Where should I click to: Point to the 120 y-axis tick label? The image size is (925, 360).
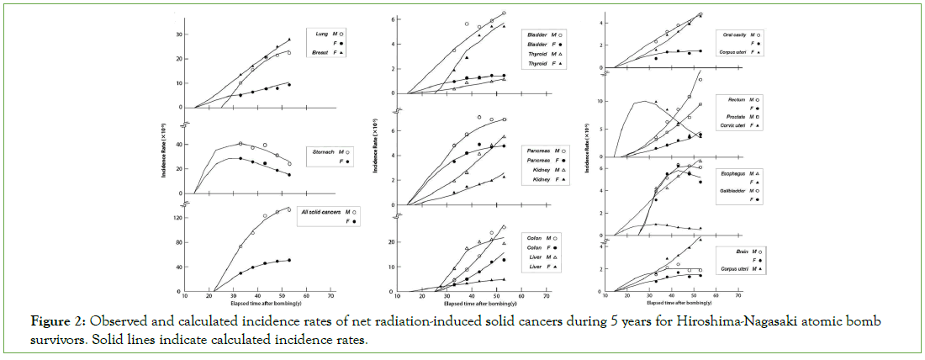click(x=177, y=218)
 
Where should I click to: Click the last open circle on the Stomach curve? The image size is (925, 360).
click(x=289, y=164)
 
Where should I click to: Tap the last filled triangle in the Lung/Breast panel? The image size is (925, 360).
click(x=289, y=40)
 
